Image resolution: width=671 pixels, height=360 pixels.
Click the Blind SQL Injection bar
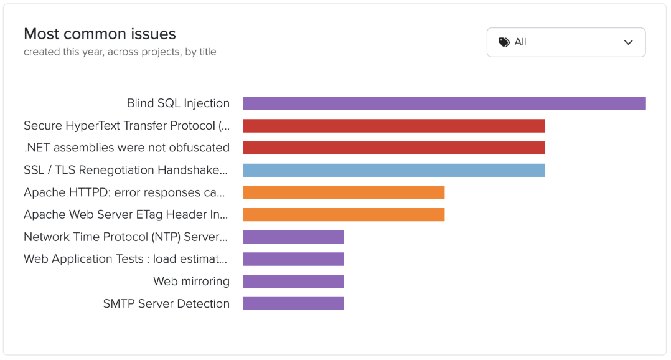(444, 103)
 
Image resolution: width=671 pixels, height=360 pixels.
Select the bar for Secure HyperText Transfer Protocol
(393, 126)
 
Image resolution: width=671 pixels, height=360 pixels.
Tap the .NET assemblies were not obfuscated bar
(393, 148)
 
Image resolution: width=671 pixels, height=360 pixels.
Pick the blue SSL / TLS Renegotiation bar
(393, 170)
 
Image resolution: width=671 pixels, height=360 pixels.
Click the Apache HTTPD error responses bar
(344, 192)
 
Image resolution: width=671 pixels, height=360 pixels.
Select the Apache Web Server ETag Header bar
(344, 214)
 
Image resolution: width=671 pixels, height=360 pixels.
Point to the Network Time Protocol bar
(293, 237)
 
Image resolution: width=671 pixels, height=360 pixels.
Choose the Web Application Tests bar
(293, 259)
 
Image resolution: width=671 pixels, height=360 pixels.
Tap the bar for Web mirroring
(293, 282)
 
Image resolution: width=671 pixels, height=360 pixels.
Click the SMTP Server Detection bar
(293, 303)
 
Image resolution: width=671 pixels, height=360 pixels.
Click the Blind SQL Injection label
(178, 103)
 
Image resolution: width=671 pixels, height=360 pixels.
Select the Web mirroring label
(191, 282)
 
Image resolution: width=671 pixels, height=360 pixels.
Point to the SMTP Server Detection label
(166, 304)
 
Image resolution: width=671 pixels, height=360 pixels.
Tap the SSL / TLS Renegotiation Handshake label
(126, 170)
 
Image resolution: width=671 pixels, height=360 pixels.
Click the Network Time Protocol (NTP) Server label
(126, 237)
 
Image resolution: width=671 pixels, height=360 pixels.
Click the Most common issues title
(100, 34)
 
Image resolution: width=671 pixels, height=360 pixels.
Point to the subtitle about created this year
(120, 52)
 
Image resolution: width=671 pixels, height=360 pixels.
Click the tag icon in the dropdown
(504, 42)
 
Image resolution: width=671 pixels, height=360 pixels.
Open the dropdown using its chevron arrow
(628, 42)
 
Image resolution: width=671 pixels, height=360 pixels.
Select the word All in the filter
(520, 42)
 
